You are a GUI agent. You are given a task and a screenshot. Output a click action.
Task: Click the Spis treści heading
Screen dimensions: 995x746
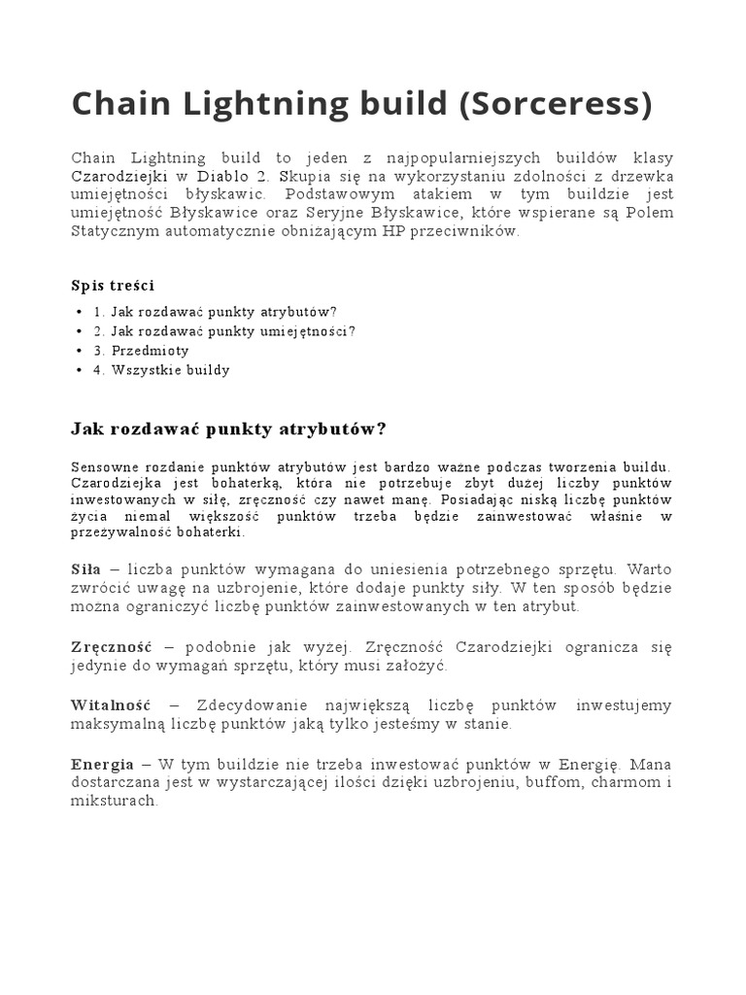pyautogui.click(x=113, y=285)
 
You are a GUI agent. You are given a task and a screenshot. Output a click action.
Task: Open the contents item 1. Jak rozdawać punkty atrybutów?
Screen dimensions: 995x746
pyautogui.click(x=216, y=312)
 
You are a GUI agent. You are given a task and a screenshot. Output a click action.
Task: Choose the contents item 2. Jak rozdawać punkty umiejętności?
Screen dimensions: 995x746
pyautogui.click(x=225, y=331)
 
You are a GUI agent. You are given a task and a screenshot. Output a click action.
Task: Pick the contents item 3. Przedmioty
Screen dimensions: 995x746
pyautogui.click(x=142, y=351)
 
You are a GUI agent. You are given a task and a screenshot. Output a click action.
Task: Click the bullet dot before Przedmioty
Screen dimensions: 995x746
pyautogui.click(x=78, y=351)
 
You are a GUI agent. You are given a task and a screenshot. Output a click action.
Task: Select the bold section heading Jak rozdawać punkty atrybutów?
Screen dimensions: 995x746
pyautogui.click(x=229, y=429)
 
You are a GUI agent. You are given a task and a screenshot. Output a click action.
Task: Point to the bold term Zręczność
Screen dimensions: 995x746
pyautogui.click(x=111, y=647)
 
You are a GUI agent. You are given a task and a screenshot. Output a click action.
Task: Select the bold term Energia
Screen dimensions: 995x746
pyautogui.click(x=103, y=764)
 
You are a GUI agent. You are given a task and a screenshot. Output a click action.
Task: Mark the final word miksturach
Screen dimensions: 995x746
pyautogui.click(x=114, y=802)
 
